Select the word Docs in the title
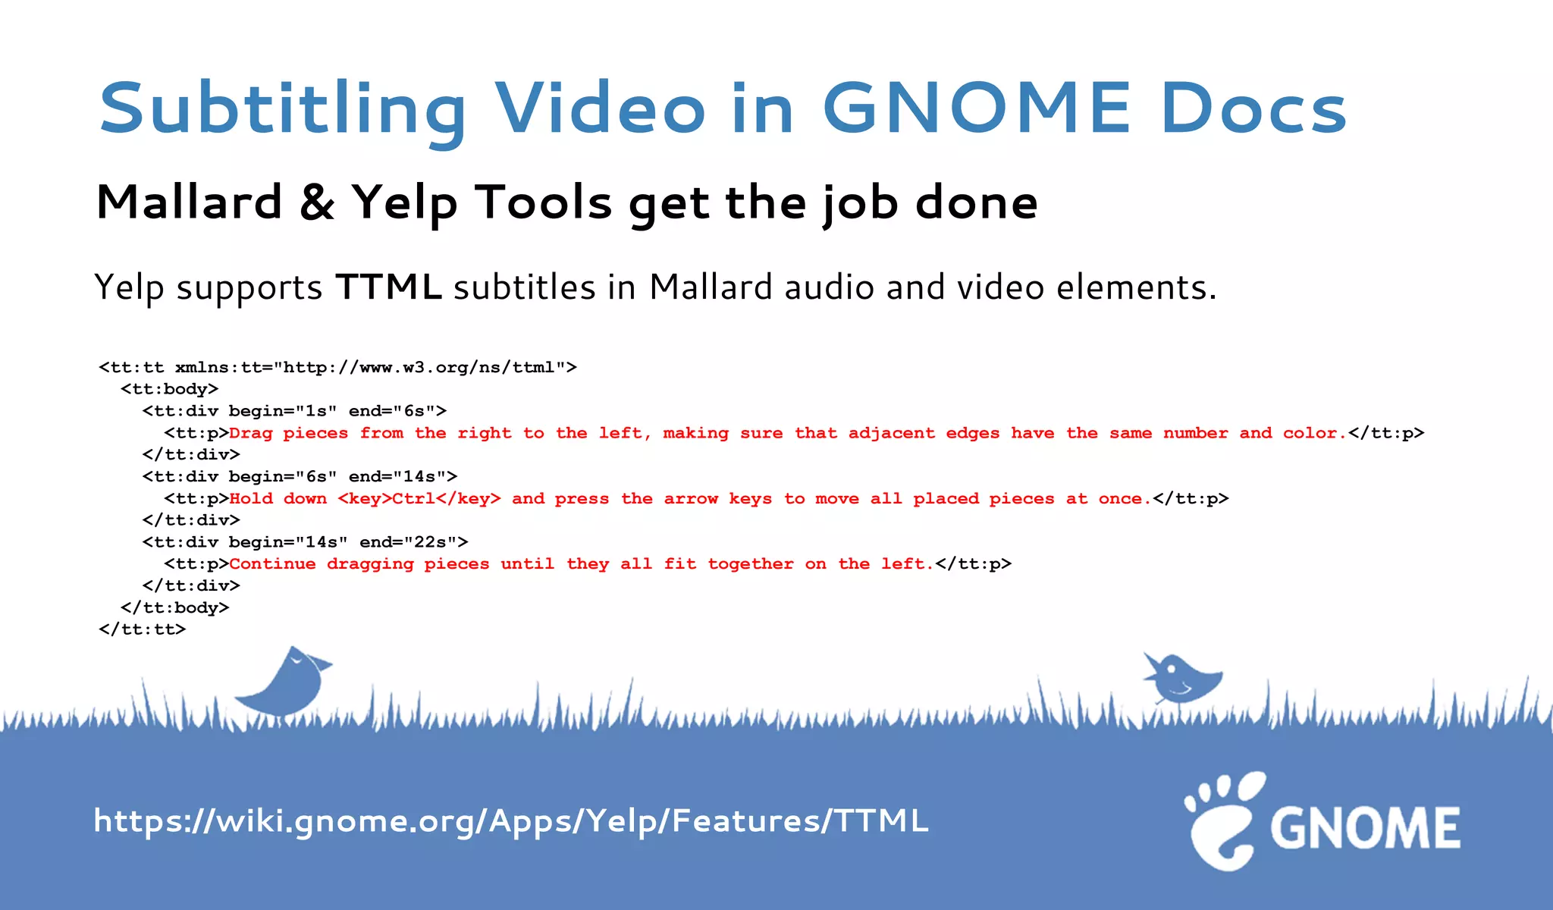click(1253, 108)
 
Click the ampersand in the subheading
click(317, 203)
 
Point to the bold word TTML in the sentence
click(388, 287)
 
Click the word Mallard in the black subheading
click(190, 203)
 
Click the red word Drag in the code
click(251, 433)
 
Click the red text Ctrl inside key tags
click(413, 499)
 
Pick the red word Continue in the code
click(272, 564)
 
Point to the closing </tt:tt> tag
click(143, 629)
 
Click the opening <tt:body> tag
click(170, 389)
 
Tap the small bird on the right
click(1181, 677)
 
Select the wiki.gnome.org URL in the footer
click(510, 821)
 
